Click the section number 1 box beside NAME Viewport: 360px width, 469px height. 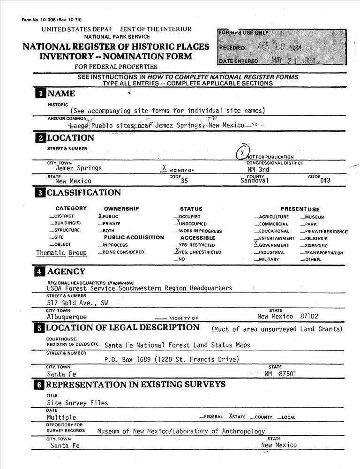point(41,93)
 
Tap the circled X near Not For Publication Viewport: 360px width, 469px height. point(241,153)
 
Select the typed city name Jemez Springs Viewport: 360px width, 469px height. point(78,168)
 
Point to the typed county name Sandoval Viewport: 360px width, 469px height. point(255,181)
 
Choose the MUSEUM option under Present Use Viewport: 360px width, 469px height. point(314,217)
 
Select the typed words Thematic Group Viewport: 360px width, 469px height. point(61,253)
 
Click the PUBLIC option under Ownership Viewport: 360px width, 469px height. point(109,217)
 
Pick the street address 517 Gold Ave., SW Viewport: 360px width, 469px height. point(77,303)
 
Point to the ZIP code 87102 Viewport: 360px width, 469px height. point(309,317)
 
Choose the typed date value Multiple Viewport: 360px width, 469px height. point(61,417)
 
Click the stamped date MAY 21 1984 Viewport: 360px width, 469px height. point(293,61)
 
